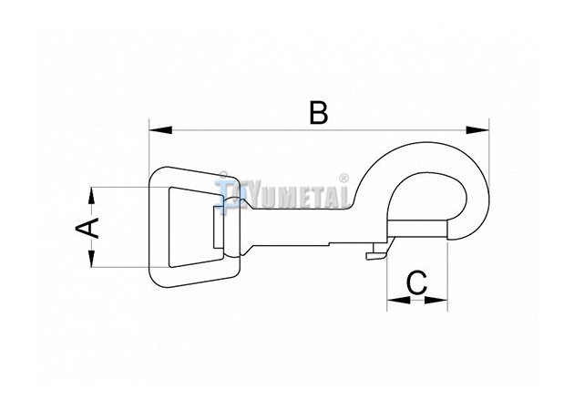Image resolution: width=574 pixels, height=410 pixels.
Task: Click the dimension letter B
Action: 319,113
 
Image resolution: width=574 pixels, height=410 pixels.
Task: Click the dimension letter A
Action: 87,228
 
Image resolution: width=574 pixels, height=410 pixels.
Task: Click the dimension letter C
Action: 417,282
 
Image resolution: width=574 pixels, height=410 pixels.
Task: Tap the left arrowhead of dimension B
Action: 160,130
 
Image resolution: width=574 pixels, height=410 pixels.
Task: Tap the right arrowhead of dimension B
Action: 477,130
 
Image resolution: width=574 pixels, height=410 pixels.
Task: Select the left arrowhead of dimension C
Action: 399,300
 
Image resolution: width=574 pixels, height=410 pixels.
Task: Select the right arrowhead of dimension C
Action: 436,300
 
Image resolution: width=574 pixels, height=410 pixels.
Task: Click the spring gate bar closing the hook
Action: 417,230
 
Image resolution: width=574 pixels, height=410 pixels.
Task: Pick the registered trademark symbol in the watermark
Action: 343,179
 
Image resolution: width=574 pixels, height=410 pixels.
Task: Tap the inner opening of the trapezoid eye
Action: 192,228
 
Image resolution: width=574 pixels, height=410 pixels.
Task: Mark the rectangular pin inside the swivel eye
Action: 218,227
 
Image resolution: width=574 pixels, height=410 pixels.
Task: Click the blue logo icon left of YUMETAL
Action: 225,190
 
